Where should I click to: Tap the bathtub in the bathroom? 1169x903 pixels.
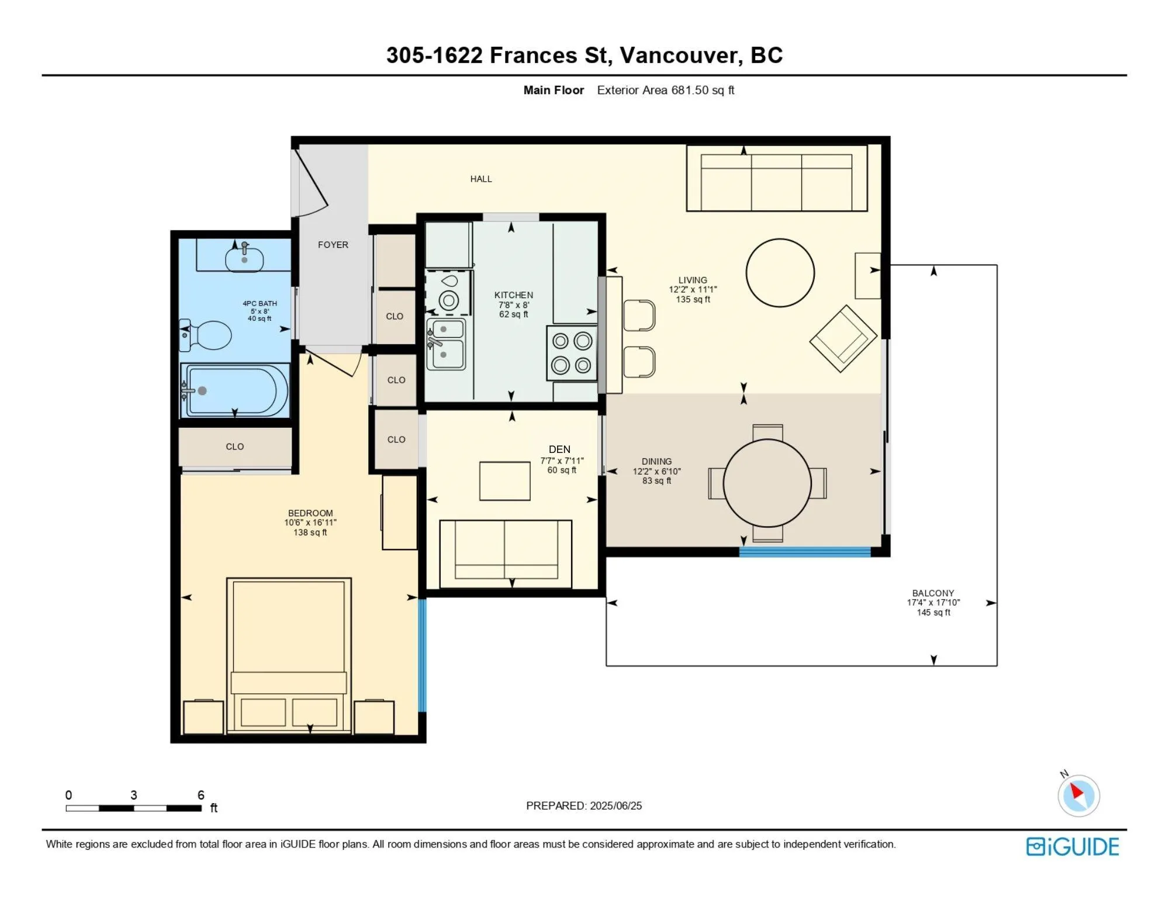coord(235,390)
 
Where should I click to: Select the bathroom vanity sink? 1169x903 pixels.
coord(244,260)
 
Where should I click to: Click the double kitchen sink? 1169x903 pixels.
coord(446,344)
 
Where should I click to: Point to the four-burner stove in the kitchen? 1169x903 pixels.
coord(572,352)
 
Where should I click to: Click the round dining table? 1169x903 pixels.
coord(767,483)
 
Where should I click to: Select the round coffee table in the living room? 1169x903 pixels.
coord(780,272)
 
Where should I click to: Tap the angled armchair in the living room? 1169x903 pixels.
coord(843,338)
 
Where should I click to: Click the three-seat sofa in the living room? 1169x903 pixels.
coord(777,178)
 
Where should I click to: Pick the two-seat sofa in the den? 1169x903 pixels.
coord(506,553)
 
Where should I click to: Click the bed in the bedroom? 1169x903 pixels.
coord(289,655)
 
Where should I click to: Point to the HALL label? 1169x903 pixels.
coord(481,179)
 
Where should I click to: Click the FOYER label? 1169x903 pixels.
coord(333,245)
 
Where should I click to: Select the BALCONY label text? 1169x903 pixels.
coord(933,593)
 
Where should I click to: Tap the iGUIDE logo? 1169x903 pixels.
coord(1073,846)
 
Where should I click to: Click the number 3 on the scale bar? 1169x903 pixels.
coord(134,795)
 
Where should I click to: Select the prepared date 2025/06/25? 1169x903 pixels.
coord(616,805)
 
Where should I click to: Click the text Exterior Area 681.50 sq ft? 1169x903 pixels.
coord(666,90)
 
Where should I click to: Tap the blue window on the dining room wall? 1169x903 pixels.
coord(805,552)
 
